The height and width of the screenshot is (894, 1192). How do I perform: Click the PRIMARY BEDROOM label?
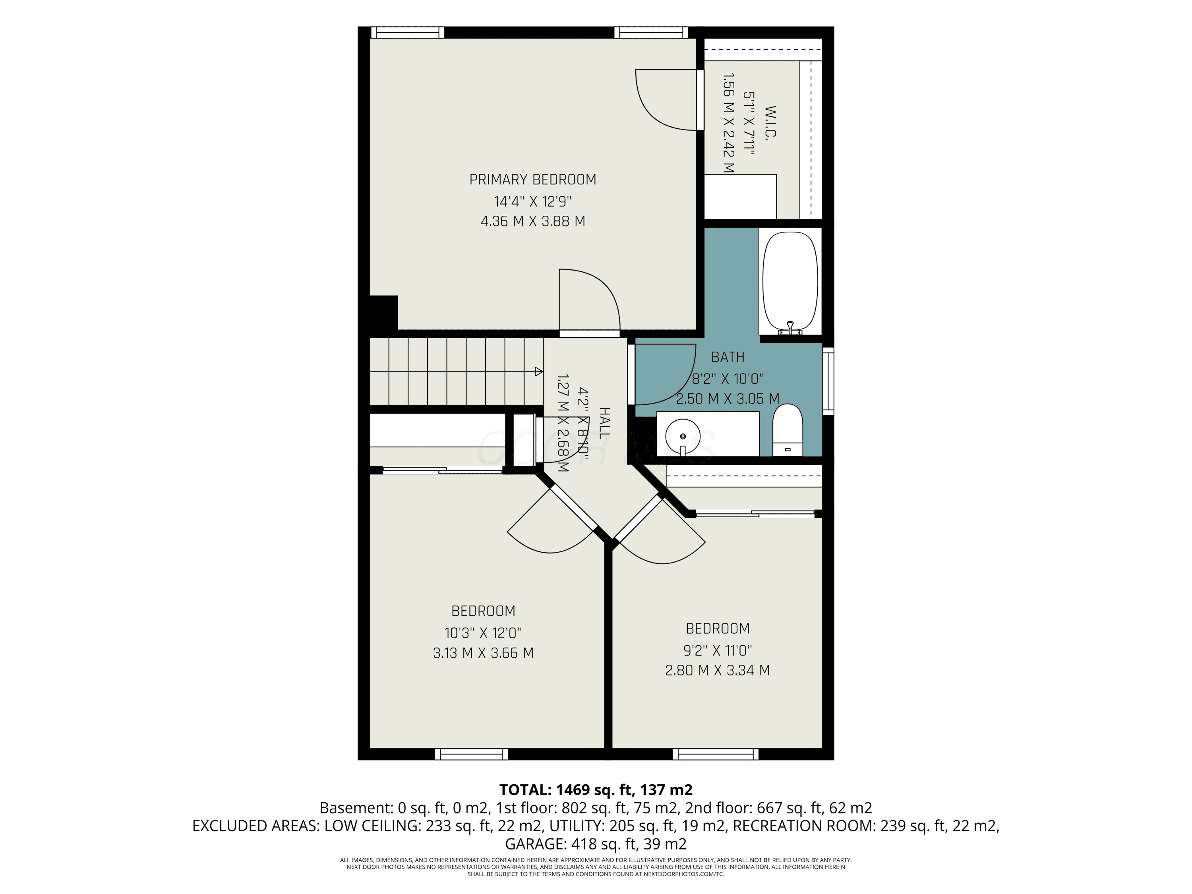coord(532,180)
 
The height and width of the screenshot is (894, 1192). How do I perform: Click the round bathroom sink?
coord(683,436)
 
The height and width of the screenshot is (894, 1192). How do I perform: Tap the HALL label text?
coord(605,423)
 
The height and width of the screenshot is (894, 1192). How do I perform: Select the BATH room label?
coord(728,357)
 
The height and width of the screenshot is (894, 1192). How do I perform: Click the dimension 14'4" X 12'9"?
coord(532,201)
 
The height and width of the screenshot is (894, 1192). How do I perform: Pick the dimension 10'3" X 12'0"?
coord(483,633)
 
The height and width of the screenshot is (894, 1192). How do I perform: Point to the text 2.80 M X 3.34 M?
coord(717,670)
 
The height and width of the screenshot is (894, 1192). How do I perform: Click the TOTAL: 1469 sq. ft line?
coord(596,790)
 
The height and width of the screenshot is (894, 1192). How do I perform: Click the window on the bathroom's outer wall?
coord(828,381)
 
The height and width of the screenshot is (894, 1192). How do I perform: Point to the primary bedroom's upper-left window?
coord(407,32)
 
